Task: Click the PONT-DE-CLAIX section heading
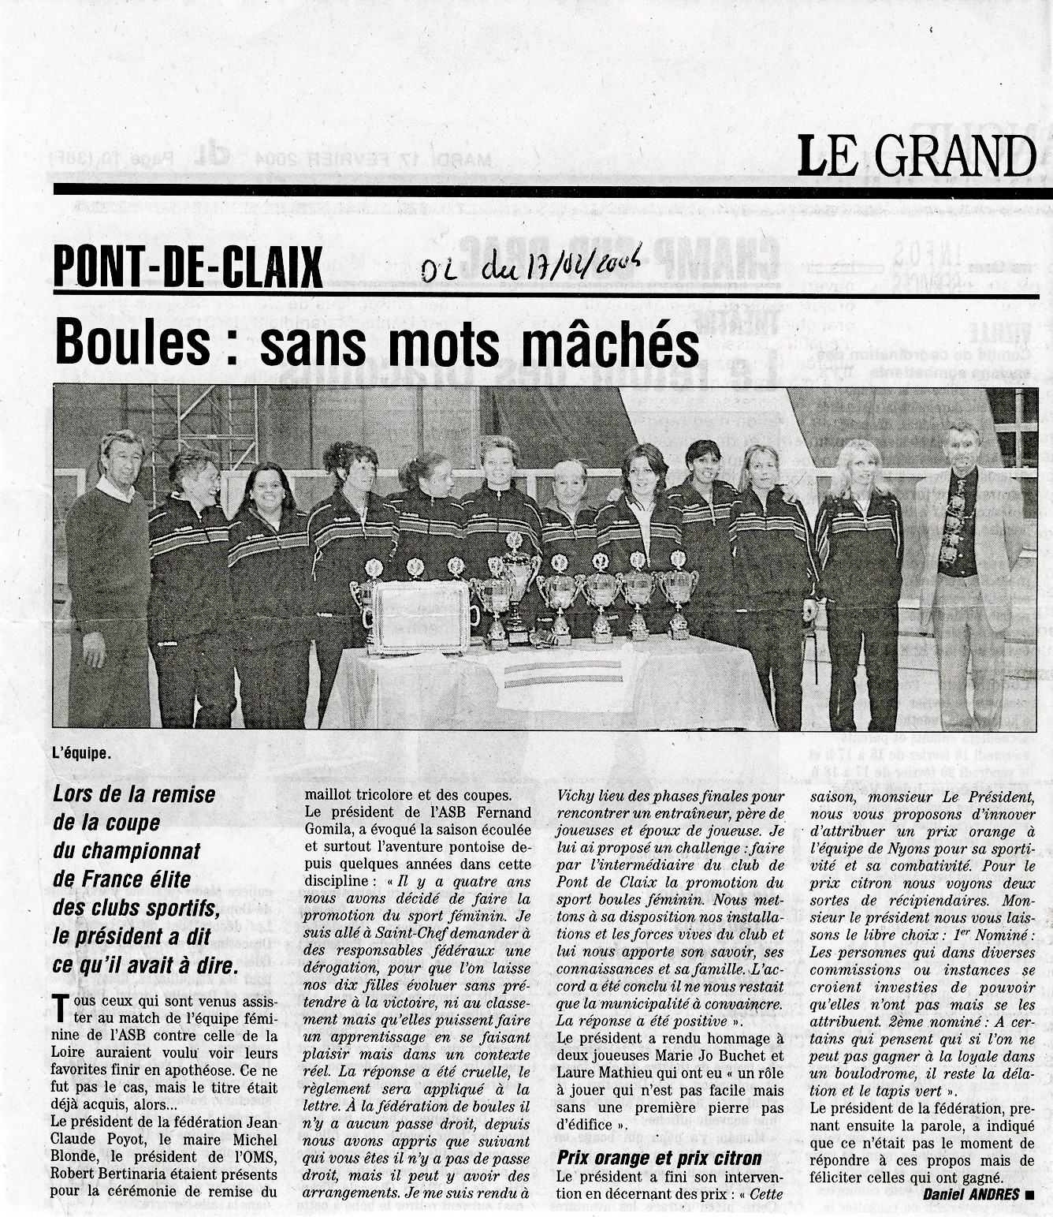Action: (188, 267)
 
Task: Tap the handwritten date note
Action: (530, 267)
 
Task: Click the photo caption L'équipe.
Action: (82, 752)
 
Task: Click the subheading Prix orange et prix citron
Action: (659, 1158)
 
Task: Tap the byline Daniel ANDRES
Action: (970, 1194)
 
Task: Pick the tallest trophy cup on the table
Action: (516, 584)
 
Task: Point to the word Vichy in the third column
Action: (575, 796)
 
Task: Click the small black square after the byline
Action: (1029, 1195)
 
